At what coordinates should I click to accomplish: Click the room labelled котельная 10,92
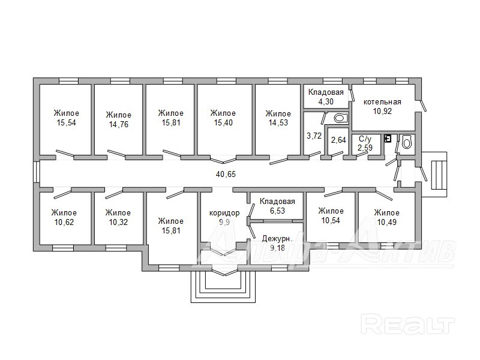(382, 107)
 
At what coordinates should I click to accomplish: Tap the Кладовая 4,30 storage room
(326, 97)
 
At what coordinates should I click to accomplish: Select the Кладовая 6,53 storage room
(277, 206)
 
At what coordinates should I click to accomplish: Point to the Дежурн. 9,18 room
(277, 244)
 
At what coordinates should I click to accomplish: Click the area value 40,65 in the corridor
(226, 174)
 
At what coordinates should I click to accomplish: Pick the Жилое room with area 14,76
(118, 119)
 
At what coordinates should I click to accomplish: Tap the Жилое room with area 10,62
(64, 217)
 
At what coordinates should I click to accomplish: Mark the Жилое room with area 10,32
(118, 217)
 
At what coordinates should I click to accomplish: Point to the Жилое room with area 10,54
(331, 215)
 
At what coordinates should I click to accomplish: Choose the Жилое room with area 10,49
(386, 217)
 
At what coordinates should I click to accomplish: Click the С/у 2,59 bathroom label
(365, 143)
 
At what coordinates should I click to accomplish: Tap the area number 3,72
(314, 136)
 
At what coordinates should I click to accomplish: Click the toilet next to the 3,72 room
(341, 118)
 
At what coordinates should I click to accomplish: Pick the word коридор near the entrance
(224, 213)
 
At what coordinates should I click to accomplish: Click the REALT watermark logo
(408, 324)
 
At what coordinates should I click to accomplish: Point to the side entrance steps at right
(440, 175)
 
